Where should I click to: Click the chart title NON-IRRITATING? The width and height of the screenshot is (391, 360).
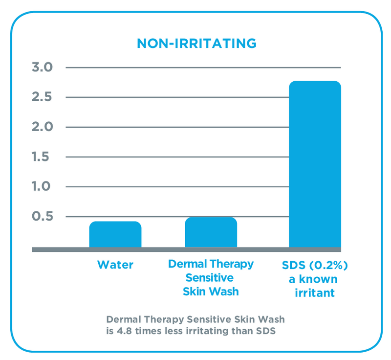(196, 43)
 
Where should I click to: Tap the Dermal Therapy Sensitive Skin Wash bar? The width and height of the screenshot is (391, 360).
(211, 233)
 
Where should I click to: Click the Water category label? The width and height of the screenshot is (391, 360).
(115, 265)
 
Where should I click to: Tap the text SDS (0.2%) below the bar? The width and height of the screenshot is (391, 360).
(315, 266)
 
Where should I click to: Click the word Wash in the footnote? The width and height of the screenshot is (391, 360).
(271, 320)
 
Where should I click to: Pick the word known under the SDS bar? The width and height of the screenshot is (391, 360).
(321, 279)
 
